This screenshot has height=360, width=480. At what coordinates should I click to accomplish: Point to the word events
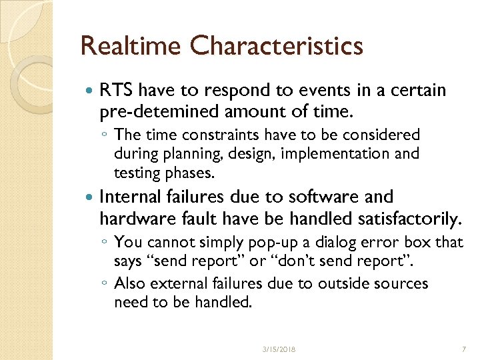[308, 90]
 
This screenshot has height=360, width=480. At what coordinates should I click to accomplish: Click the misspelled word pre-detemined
[156, 109]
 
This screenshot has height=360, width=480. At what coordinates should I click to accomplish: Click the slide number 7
[463, 349]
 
